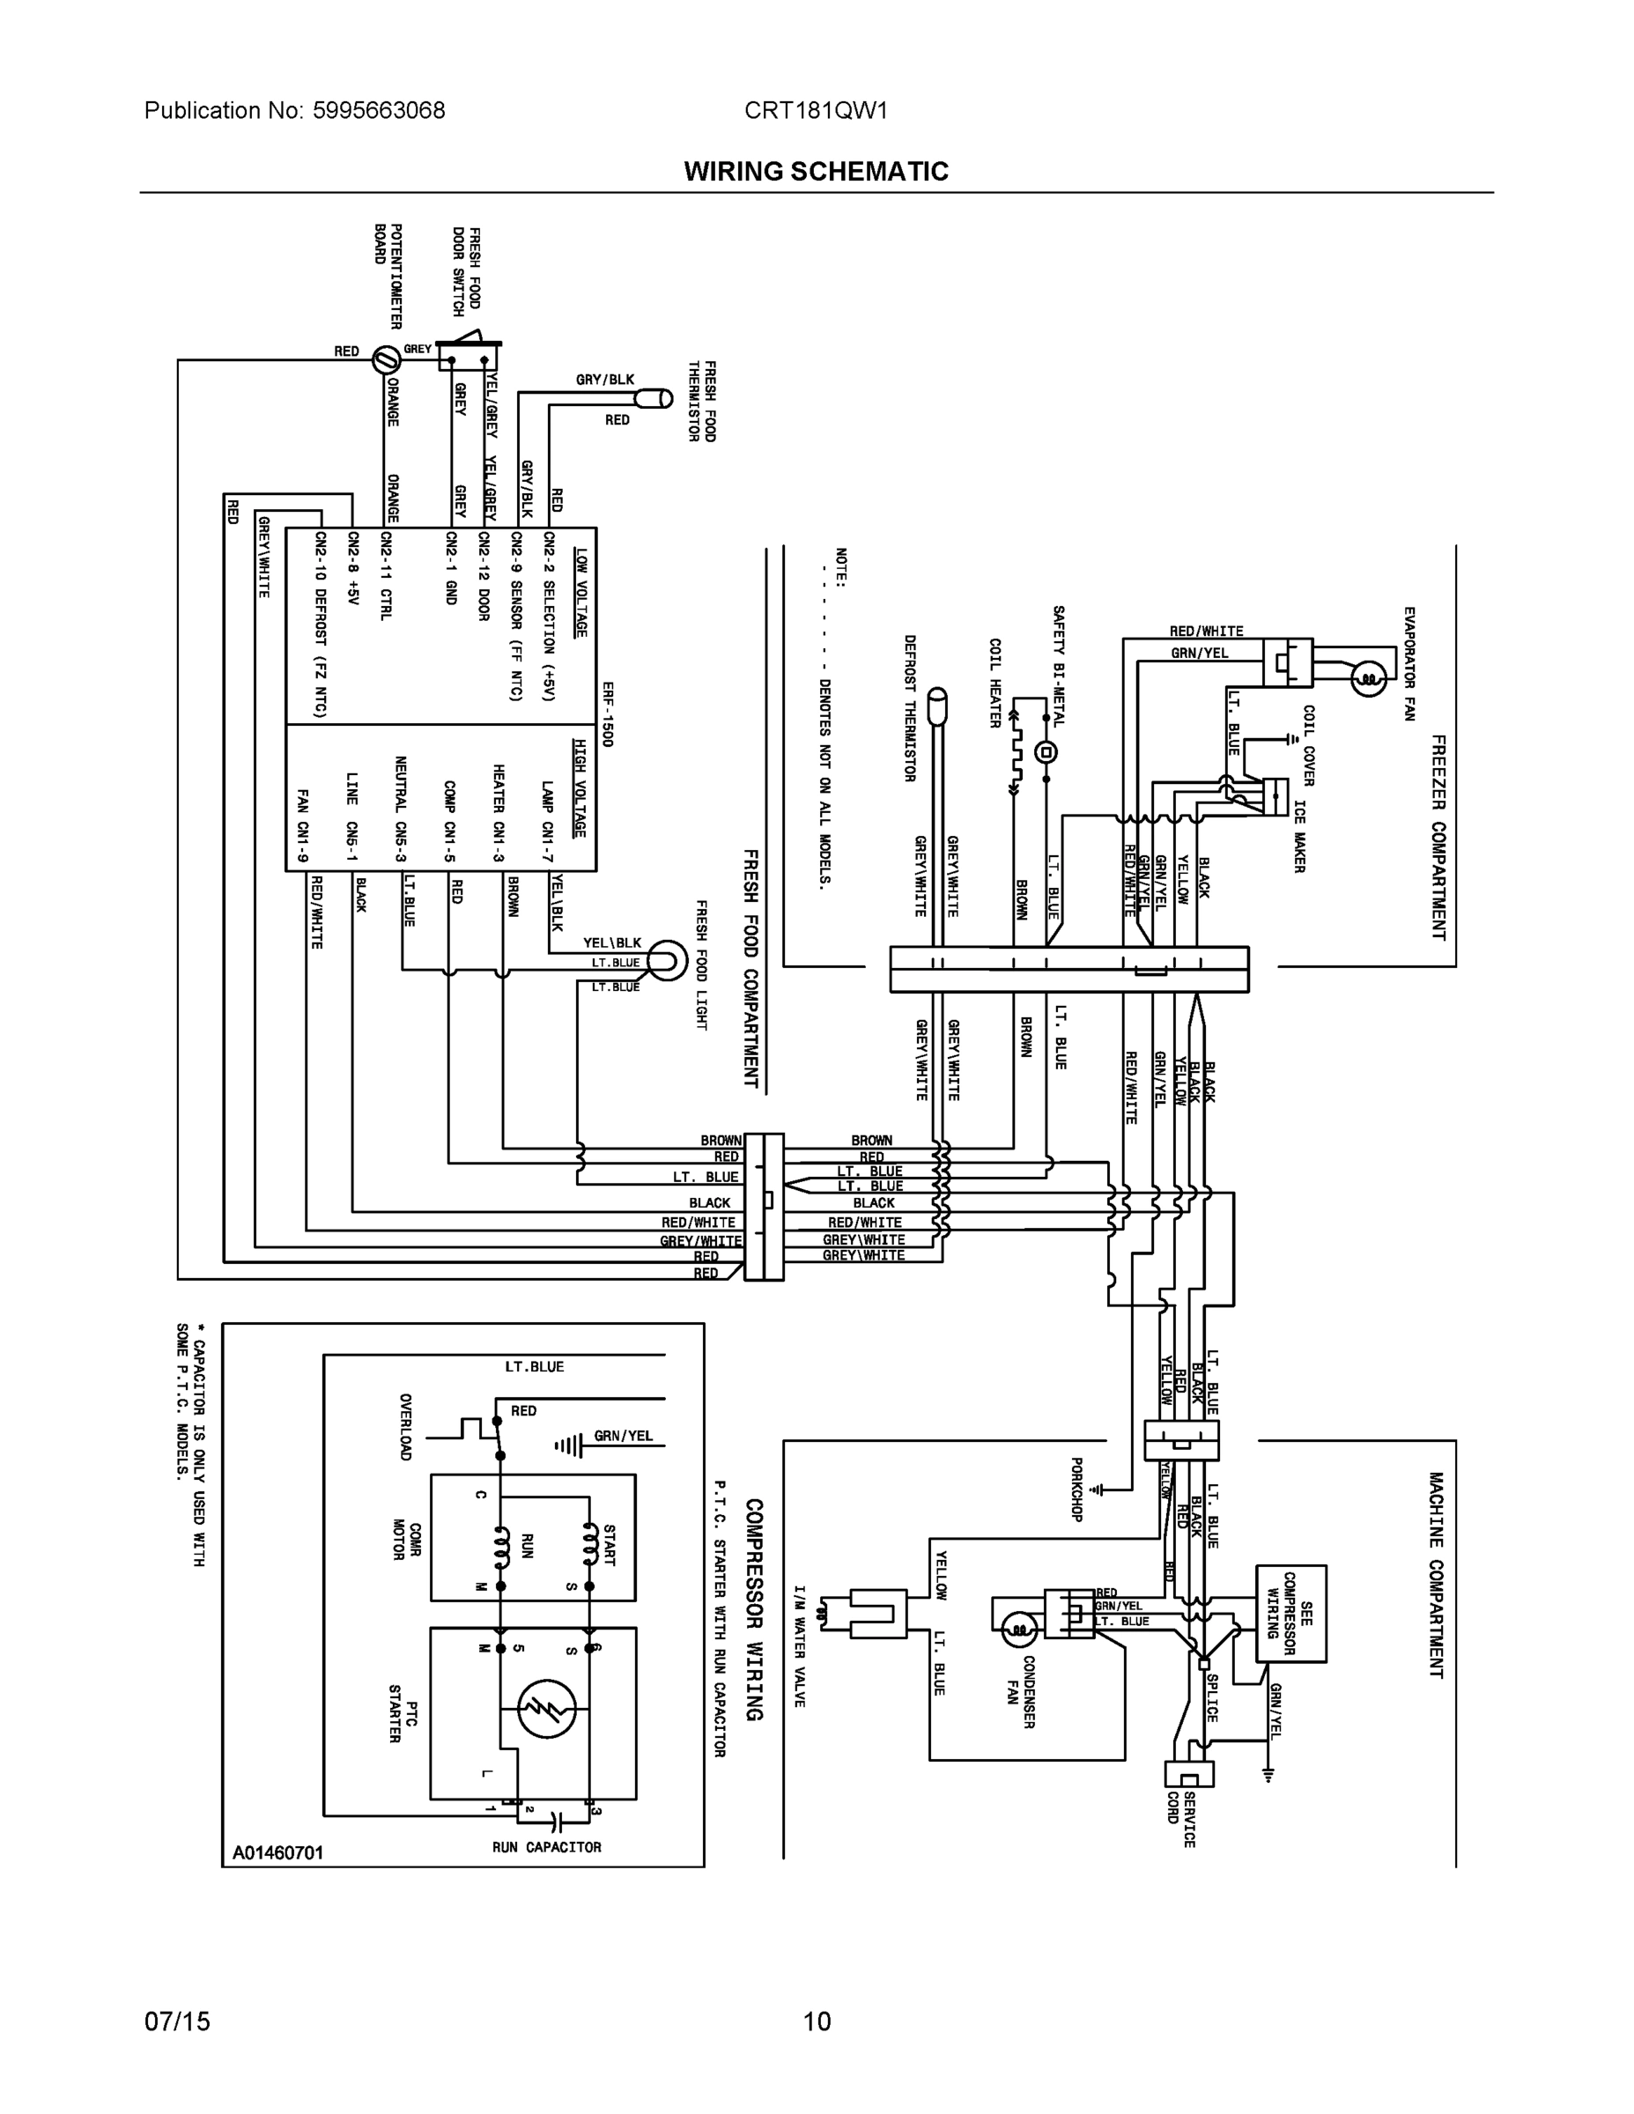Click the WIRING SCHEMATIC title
[x=816, y=172]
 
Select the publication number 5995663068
[x=379, y=110]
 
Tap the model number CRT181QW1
[x=815, y=110]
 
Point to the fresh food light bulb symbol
[x=666, y=960]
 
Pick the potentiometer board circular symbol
[x=385, y=358]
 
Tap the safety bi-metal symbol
[x=1046, y=752]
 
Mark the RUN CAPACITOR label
[x=547, y=1847]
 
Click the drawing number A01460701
[x=277, y=1852]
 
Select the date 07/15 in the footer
[x=176, y=2022]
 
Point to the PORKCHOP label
[x=1076, y=1489]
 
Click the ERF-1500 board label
[x=608, y=713]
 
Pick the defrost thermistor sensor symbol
[x=936, y=707]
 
